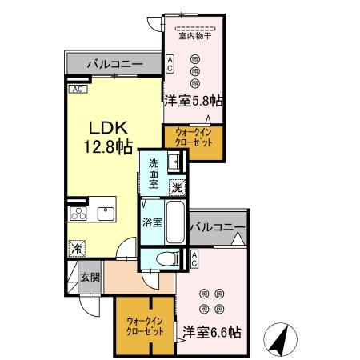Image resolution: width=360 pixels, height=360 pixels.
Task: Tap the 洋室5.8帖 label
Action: (x=193, y=102)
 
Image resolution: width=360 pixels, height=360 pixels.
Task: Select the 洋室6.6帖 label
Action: (x=211, y=331)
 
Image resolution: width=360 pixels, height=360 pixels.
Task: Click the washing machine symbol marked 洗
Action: (x=178, y=186)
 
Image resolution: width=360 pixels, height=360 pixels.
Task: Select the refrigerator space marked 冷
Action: (x=77, y=249)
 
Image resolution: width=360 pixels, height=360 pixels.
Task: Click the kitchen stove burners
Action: (x=78, y=213)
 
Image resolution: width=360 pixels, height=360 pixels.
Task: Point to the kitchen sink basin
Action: (x=105, y=213)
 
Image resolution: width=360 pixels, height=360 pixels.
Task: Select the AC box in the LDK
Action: (x=78, y=89)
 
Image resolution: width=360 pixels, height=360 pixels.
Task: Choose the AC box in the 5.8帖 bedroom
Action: (x=170, y=63)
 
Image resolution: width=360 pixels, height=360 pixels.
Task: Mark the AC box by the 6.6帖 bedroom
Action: (x=194, y=258)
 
